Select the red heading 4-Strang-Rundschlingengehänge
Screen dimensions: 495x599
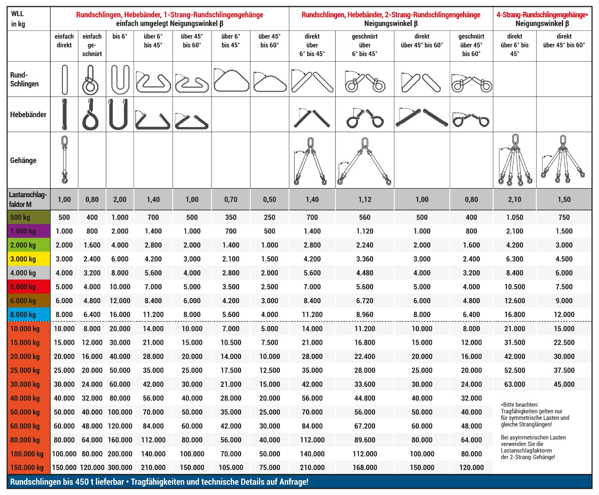[x=542, y=15]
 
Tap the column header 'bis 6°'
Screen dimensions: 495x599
[x=120, y=36]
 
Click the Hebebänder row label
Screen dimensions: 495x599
[x=28, y=114]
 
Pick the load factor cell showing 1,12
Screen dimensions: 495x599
[x=364, y=200]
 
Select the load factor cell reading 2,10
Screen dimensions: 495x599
[x=514, y=200]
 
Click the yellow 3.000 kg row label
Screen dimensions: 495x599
[x=23, y=259]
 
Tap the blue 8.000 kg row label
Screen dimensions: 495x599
[x=23, y=314]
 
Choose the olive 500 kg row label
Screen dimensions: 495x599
[x=20, y=217]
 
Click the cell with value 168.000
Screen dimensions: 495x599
[x=364, y=467]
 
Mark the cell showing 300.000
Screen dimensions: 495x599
[x=120, y=467]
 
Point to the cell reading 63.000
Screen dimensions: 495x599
[x=514, y=384]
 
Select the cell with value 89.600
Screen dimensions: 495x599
[x=364, y=440]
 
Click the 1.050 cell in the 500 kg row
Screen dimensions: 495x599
[x=514, y=217]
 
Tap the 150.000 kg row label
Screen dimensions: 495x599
[x=27, y=467]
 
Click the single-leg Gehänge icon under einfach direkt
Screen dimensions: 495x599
[x=64, y=160]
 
